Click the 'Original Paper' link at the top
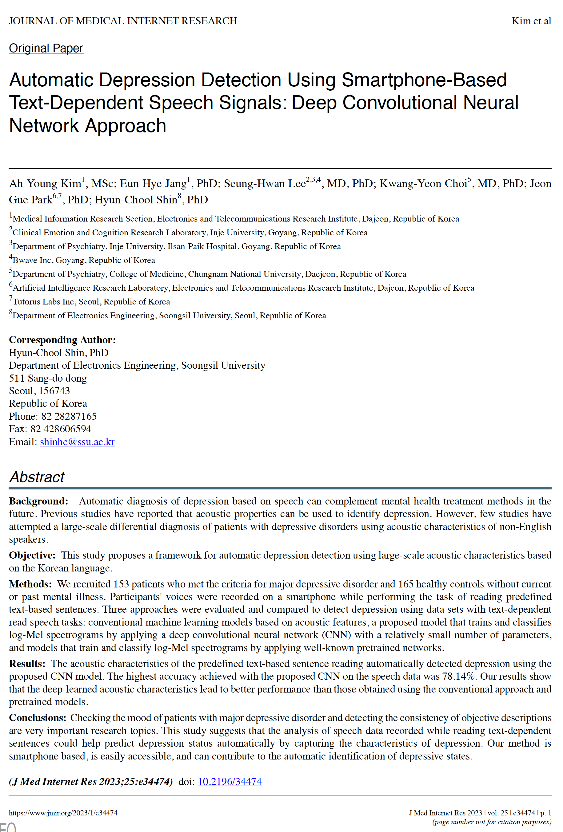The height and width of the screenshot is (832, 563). coord(46,48)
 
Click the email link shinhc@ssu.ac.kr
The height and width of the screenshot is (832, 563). coord(77,442)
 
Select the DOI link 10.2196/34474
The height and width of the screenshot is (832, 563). coord(230,781)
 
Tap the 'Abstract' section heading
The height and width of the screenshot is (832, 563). coord(37,477)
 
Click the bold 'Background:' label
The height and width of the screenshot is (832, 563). coord(38,501)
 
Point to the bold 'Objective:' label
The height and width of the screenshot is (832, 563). coord(32,555)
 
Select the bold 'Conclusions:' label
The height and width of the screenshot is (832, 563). coord(38,717)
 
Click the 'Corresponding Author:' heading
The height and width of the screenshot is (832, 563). coord(62,339)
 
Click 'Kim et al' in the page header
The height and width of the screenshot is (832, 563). coord(531,21)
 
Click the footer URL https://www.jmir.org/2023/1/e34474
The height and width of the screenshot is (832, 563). coord(63,813)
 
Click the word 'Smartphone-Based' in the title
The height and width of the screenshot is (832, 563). coord(424,80)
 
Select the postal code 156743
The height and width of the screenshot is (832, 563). coord(54,390)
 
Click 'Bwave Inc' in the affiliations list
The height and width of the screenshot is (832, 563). coord(32,260)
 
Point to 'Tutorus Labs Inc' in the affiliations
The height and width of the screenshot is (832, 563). coord(43,301)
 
